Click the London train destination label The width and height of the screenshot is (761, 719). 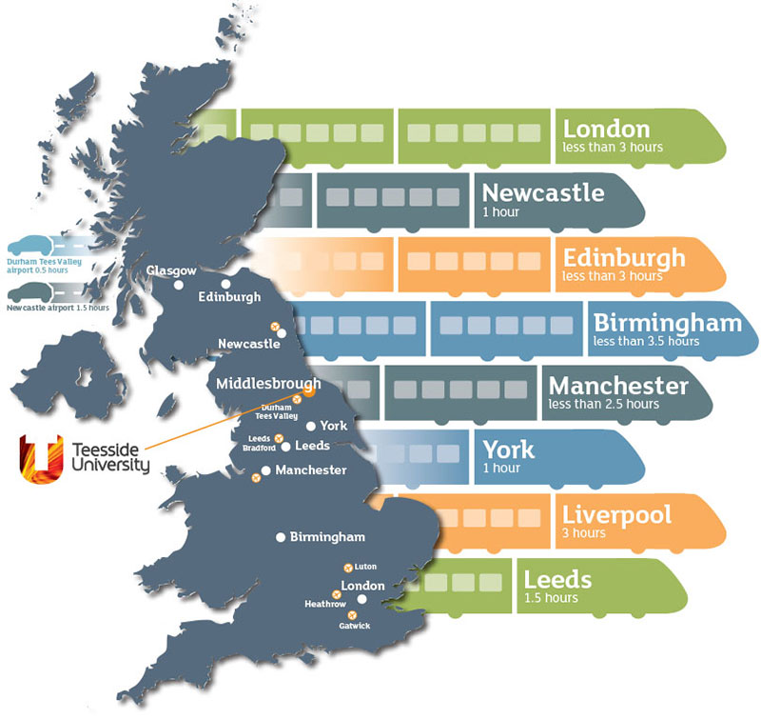[606, 129]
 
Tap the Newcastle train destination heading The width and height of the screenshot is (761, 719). [542, 192]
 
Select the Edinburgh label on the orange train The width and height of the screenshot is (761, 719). [623, 258]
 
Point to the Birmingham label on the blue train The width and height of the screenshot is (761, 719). [666, 323]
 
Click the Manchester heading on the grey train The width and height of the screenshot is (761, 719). [617, 387]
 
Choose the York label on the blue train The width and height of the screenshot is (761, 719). [509, 449]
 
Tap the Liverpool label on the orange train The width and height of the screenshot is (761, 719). [616, 515]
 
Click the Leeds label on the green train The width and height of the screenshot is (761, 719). [557, 579]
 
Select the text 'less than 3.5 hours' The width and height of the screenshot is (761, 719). [645, 341]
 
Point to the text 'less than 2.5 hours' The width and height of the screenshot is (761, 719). [603, 405]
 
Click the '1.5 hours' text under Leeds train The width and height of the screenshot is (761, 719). [550, 598]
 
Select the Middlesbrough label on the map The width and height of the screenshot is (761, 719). [268, 384]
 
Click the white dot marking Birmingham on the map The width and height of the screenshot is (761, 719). [281, 538]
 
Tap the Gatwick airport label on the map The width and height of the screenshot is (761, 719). [353, 626]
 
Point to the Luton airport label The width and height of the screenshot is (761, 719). [365, 567]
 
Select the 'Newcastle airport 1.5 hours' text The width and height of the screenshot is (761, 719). [57, 309]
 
